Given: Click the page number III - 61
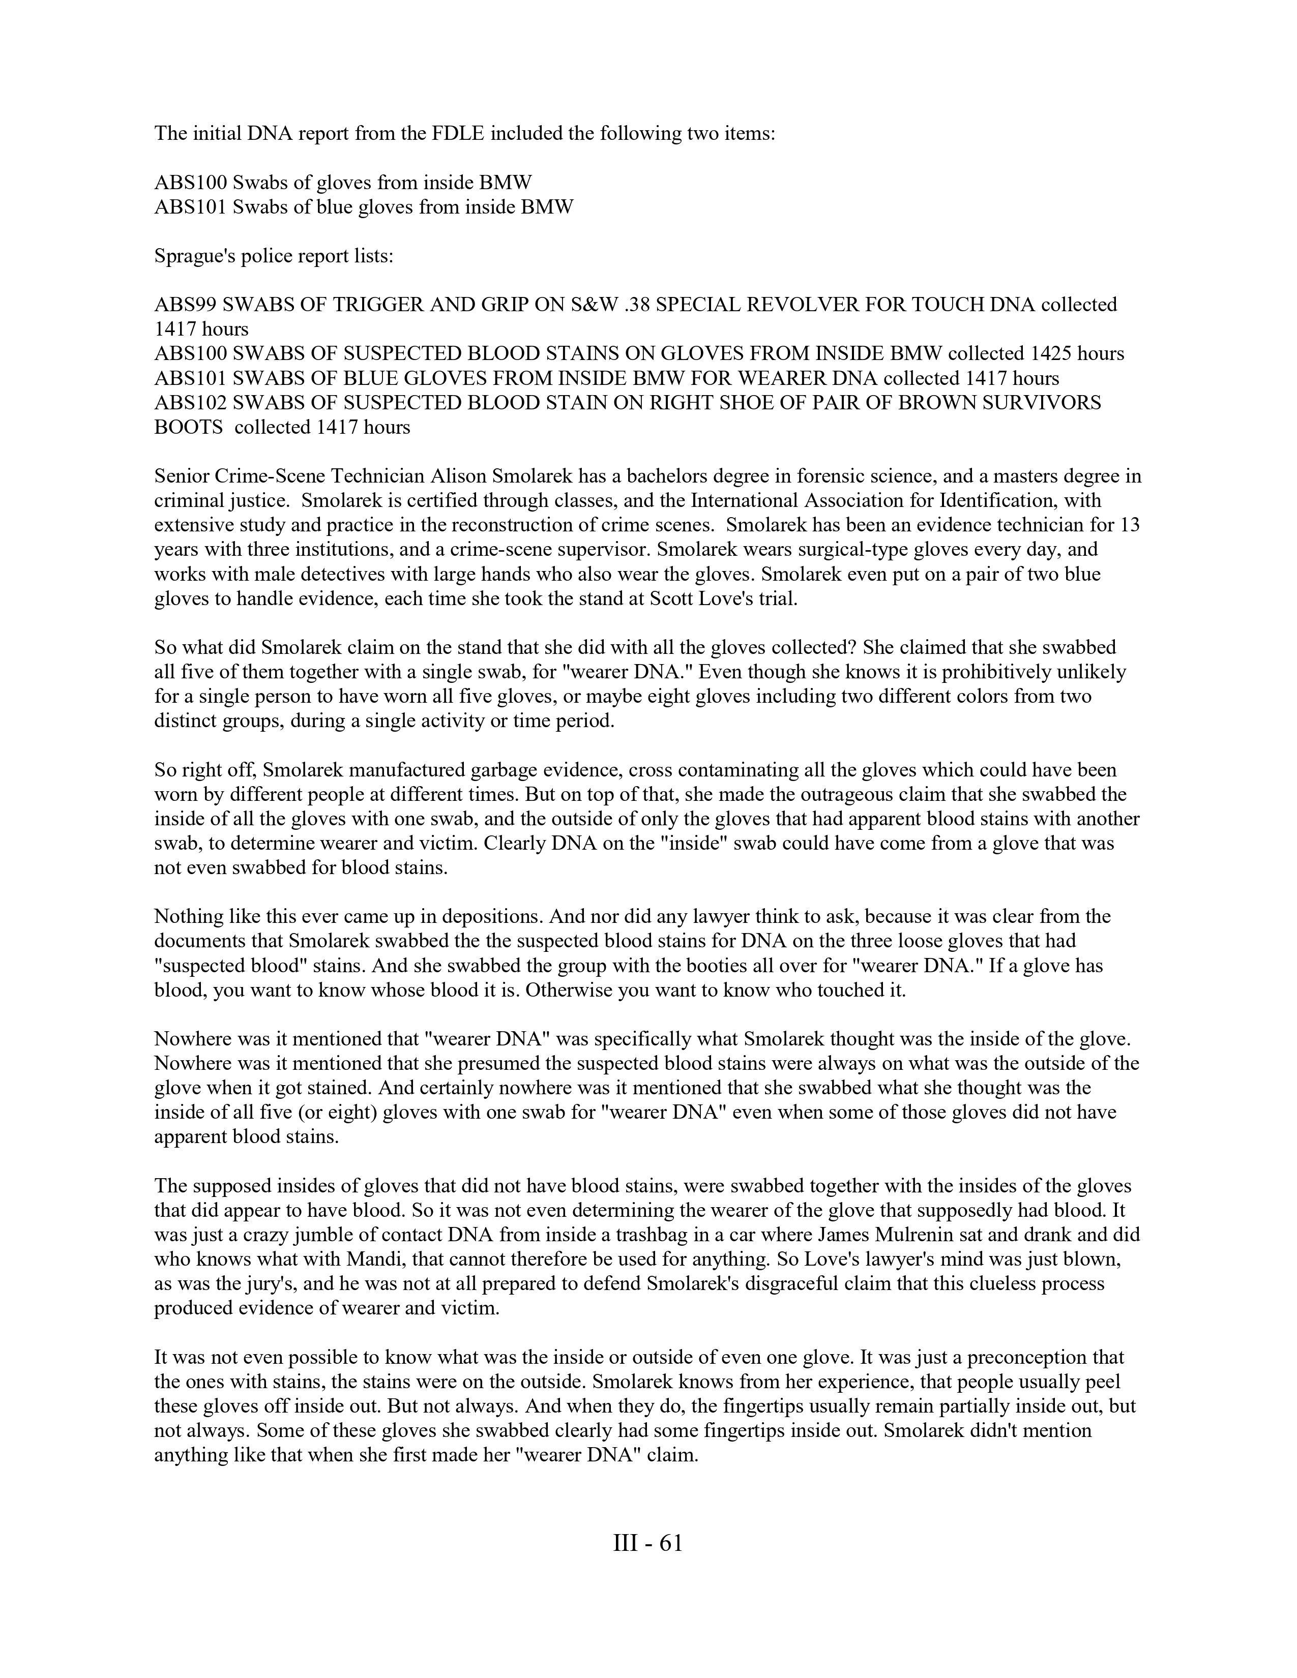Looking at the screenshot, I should coord(647,1543).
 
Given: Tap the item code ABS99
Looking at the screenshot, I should coord(185,305).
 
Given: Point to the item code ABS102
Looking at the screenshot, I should coord(191,403).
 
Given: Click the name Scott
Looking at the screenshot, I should coord(674,598).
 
